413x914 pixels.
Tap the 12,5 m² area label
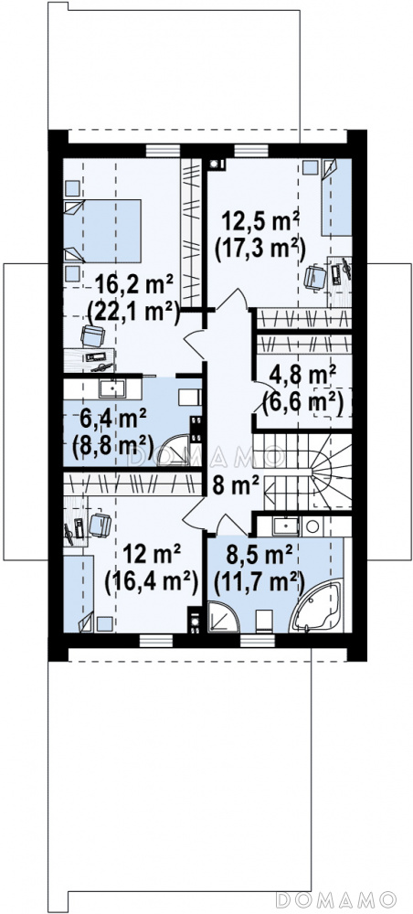(259, 222)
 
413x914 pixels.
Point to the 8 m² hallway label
(236, 485)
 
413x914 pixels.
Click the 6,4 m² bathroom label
(113, 420)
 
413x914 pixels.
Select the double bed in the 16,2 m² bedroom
(102, 231)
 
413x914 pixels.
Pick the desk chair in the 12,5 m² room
(315, 277)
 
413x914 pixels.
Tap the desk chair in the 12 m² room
(100, 525)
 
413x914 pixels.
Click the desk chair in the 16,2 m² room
(93, 336)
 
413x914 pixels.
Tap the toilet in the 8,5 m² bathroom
(264, 621)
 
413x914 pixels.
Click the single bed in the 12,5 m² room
(336, 197)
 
